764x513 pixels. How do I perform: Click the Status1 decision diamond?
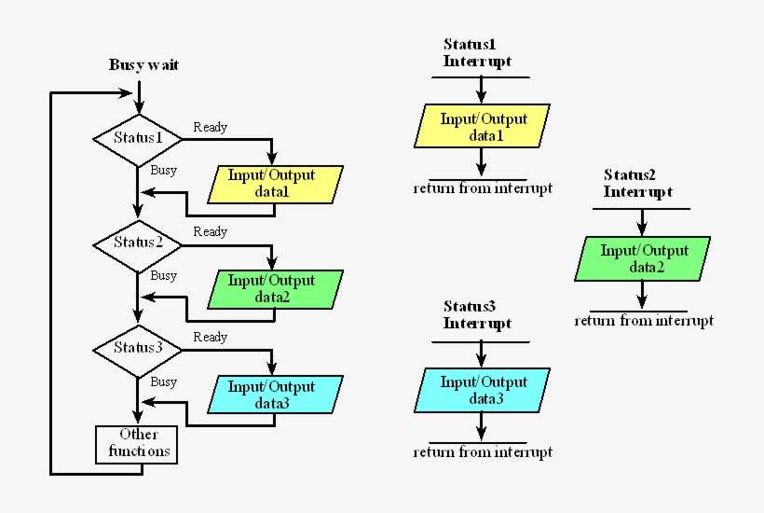[138, 138]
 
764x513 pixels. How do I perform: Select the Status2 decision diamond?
[138, 243]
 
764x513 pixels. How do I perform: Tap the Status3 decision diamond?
[138, 348]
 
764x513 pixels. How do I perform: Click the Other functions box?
[138, 443]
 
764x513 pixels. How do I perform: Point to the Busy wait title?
[143, 65]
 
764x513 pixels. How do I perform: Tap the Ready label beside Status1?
[210, 127]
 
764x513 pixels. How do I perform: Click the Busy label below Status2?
[163, 276]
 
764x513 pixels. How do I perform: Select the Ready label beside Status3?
[210, 338]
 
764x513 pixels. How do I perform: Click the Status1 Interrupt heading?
[477, 53]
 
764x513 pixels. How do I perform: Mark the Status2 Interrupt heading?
[637, 184]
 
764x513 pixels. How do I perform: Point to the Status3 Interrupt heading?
[477, 315]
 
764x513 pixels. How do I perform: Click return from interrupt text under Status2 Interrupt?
[644, 321]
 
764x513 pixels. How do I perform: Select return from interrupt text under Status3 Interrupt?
[483, 452]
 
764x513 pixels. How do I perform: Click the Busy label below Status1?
[163, 171]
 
